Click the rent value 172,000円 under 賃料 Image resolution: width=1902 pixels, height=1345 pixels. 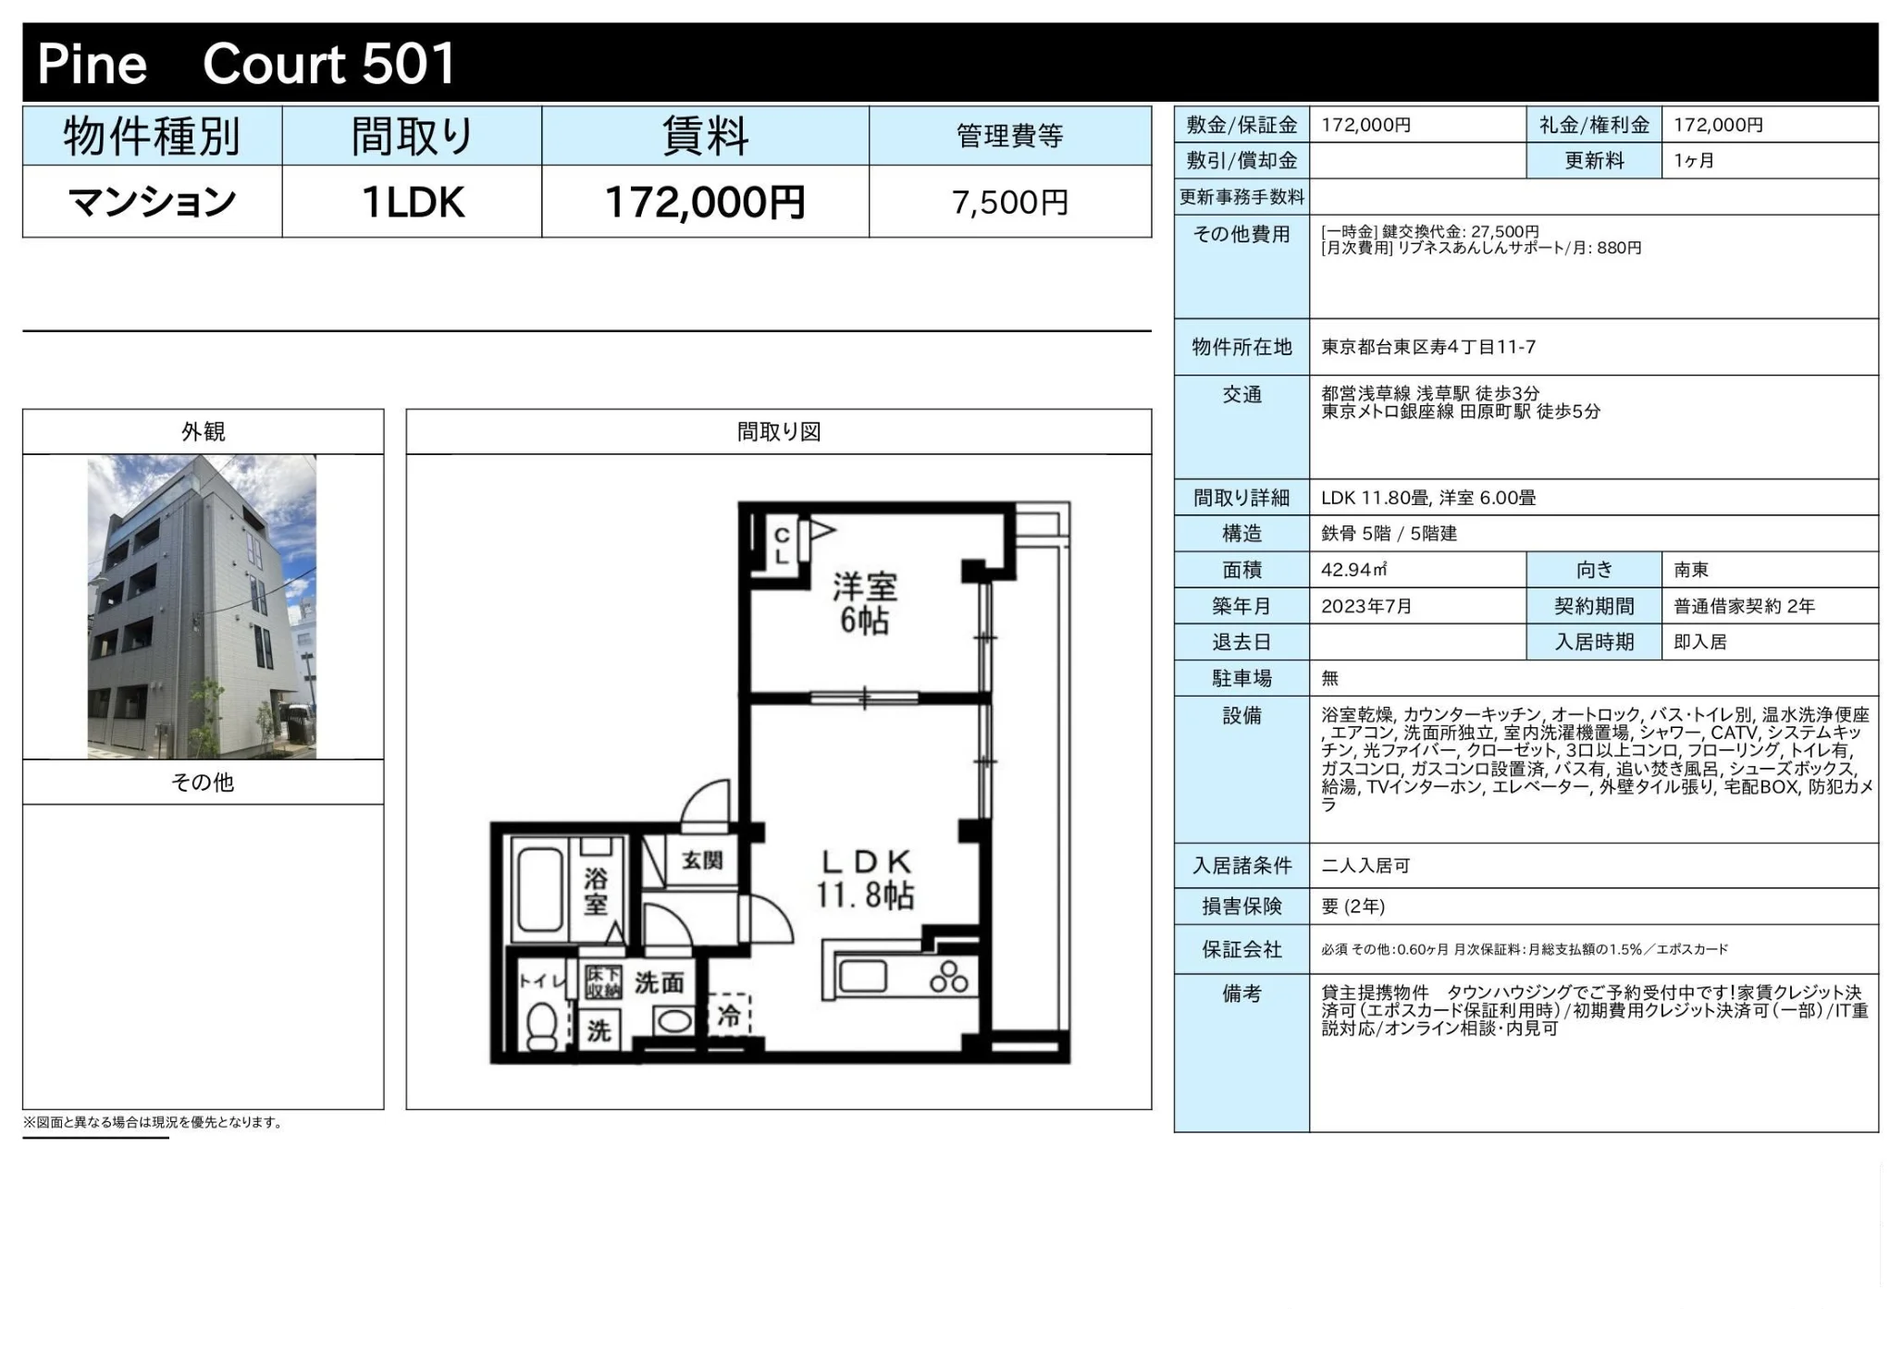[x=704, y=202]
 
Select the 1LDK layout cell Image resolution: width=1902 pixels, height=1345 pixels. [x=412, y=202]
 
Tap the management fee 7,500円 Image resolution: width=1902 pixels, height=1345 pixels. [x=1009, y=202]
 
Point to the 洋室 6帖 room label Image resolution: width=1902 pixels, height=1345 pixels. [x=863, y=603]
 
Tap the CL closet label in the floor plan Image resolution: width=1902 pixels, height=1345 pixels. [x=782, y=546]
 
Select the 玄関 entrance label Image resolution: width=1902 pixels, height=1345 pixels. [x=702, y=860]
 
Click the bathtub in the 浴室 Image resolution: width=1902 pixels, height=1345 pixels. [x=539, y=889]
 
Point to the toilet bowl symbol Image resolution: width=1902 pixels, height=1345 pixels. [x=540, y=1026]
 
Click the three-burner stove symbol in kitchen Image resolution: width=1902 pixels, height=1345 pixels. [x=948, y=977]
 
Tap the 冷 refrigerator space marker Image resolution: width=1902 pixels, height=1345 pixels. [x=729, y=1016]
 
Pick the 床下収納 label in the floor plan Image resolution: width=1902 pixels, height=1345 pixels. [x=603, y=981]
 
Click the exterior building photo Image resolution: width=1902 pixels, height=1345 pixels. [x=202, y=606]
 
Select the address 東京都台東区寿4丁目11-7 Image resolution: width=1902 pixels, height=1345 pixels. [x=1427, y=347]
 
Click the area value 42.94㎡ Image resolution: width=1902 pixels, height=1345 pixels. [x=1353, y=570]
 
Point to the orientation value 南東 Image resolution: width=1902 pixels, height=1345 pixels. [x=1690, y=570]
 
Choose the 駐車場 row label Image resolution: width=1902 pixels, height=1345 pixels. [x=1241, y=678]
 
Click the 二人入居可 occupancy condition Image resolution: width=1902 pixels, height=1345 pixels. [x=1365, y=866]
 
